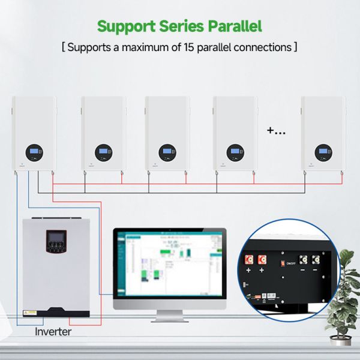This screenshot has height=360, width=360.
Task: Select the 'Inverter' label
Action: [53, 331]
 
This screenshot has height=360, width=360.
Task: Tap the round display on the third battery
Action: [166, 151]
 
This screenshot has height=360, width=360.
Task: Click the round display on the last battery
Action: [323, 151]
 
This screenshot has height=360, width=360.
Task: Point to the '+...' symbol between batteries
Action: [276, 130]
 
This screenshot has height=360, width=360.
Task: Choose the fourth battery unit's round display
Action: [235, 151]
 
